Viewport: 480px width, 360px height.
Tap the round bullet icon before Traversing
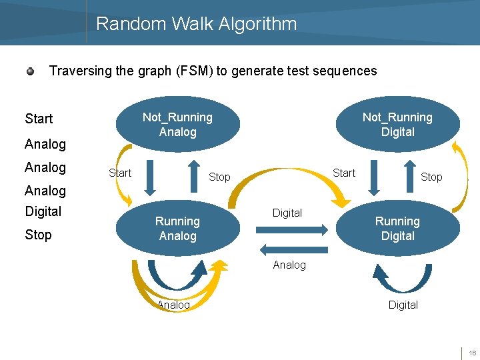(31, 71)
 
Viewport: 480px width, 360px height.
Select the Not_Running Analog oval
(177, 125)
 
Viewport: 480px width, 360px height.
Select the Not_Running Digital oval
(397, 125)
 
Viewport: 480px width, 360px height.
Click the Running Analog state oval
(177, 229)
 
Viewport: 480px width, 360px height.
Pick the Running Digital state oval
(397, 229)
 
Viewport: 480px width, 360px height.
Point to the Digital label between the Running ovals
(287, 213)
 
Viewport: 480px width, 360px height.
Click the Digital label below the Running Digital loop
(403, 305)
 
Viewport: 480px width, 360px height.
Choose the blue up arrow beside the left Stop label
(193, 175)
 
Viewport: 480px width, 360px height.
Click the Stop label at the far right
(431, 177)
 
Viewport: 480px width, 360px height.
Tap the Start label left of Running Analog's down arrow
(120, 173)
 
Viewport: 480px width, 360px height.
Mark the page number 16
(471, 353)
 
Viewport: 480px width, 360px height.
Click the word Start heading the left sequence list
(39, 119)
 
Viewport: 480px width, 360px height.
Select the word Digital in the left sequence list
(43, 211)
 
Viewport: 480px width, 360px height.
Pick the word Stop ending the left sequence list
(38, 235)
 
